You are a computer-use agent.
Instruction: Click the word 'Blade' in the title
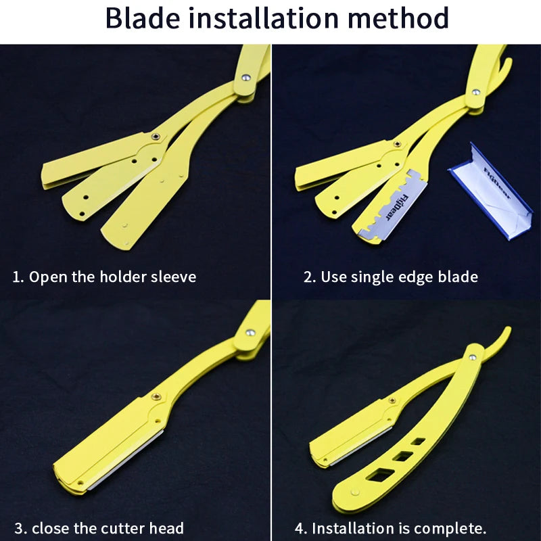click(143, 18)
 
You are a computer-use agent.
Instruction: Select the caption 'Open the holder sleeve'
click(112, 277)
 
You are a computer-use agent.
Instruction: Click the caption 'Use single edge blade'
click(399, 277)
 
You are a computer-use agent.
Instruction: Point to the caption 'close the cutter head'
click(108, 528)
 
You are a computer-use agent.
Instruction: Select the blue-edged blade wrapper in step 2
click(492, 190)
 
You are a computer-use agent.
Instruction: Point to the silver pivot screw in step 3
click(251, 333)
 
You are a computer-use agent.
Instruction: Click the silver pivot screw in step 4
click(472, 356)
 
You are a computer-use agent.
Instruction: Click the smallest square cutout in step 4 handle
click(419, 441)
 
